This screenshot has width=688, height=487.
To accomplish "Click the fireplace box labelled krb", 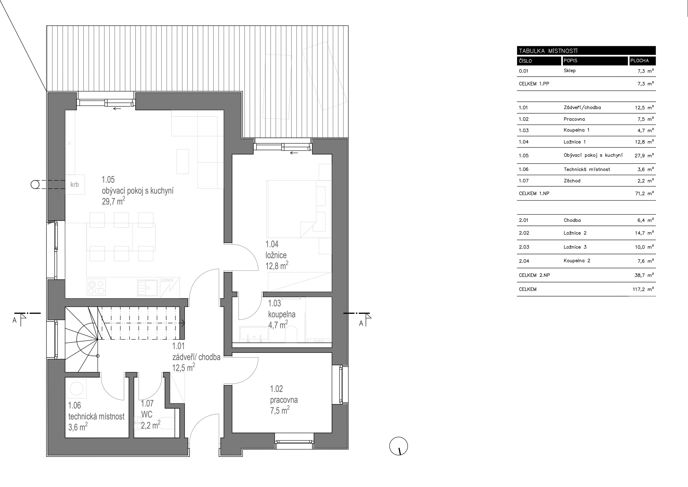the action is coord(75,185).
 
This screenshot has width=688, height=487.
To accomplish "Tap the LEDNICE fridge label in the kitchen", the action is coord(167,280).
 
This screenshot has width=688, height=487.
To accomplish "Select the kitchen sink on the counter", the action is coord(147,288).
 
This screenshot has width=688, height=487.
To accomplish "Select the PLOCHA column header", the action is coord(639,61).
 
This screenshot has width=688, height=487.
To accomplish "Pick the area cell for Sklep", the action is coord(646,71).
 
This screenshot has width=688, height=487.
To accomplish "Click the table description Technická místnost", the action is coord(587,169).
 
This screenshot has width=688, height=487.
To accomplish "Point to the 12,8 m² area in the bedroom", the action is coord(277,265).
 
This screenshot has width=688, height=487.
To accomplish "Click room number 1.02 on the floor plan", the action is coord(276,389).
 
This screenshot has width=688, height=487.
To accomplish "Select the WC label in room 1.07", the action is coord(147,414).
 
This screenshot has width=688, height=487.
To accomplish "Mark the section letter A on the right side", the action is coord(361,323).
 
